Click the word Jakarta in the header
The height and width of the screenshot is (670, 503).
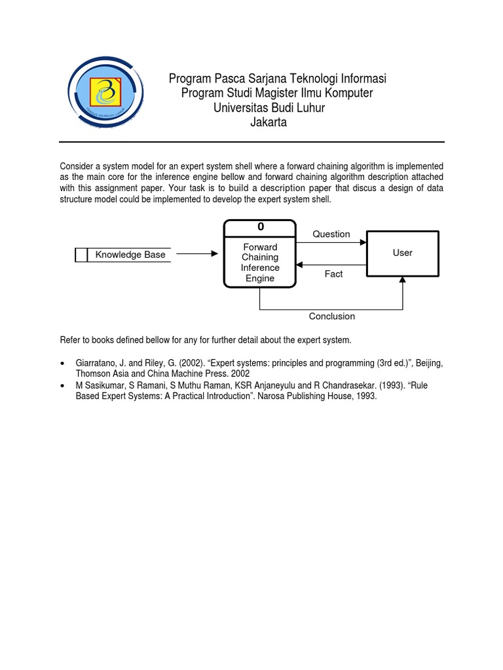269,123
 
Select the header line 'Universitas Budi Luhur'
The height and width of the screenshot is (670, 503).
269,108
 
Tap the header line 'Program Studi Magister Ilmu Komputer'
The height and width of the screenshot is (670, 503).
277,94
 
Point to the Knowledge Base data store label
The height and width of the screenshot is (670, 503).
130,255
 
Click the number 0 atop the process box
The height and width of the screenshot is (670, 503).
261,227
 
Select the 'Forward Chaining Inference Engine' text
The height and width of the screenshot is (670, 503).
260,262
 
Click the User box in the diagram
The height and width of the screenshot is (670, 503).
402,253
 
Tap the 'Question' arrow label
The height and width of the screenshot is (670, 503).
331,234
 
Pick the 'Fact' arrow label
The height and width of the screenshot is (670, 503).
333,274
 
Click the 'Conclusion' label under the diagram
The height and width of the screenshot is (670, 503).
332,317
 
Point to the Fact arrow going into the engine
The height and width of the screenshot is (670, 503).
331,264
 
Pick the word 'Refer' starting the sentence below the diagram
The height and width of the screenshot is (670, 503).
71,340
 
